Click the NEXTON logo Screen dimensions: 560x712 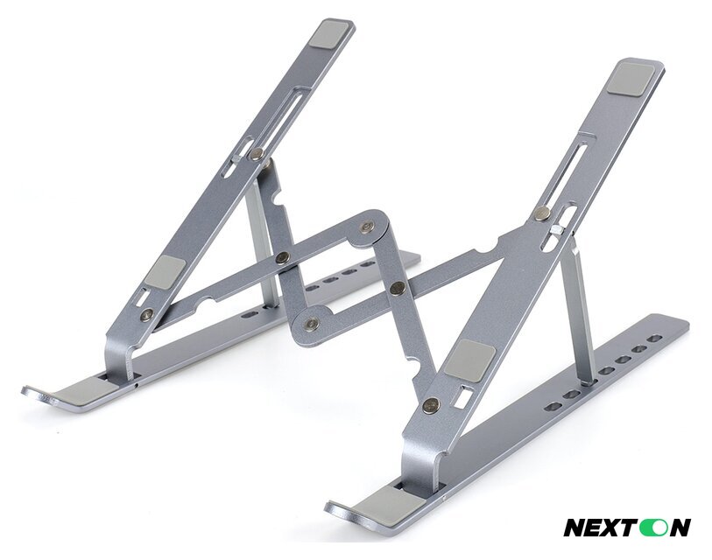pos(626,528)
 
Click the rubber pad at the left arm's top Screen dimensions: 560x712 pos(331,35)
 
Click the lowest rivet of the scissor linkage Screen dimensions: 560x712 pos(311,324)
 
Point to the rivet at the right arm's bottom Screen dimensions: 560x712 pos(430,404)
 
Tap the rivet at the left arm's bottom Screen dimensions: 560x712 pos(146,313)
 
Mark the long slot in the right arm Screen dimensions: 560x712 pos(579,165)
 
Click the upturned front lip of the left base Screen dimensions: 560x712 pos(35,392)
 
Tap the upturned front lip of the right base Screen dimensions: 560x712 pos(337,507)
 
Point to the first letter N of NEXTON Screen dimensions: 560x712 pos(576,528)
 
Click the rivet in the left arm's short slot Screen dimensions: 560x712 pos(257,154)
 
